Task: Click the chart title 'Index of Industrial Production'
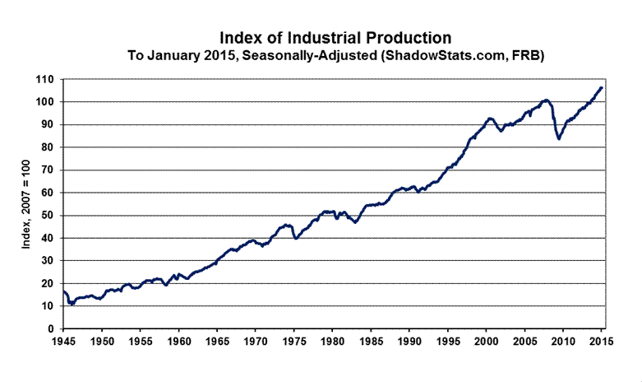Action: click(x=335, y=38)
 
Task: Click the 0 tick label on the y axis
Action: click(x=50, y=329)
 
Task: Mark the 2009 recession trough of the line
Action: click(x=559, y=138)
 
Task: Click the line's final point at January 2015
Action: click(x=601, y=87)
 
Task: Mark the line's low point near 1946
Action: click(x=72, y=304)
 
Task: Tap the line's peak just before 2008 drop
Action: click(x=547, y=100)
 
